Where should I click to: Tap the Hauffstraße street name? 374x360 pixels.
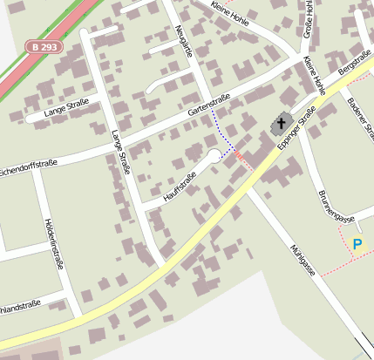(x=180, y=184)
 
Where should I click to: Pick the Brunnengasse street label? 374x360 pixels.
(x=336, y=207)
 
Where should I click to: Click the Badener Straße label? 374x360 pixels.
(x=360, y=119)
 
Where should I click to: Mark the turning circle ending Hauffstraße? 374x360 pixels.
(x=214, y=158)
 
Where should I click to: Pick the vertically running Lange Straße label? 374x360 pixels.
(x=119, y=152)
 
